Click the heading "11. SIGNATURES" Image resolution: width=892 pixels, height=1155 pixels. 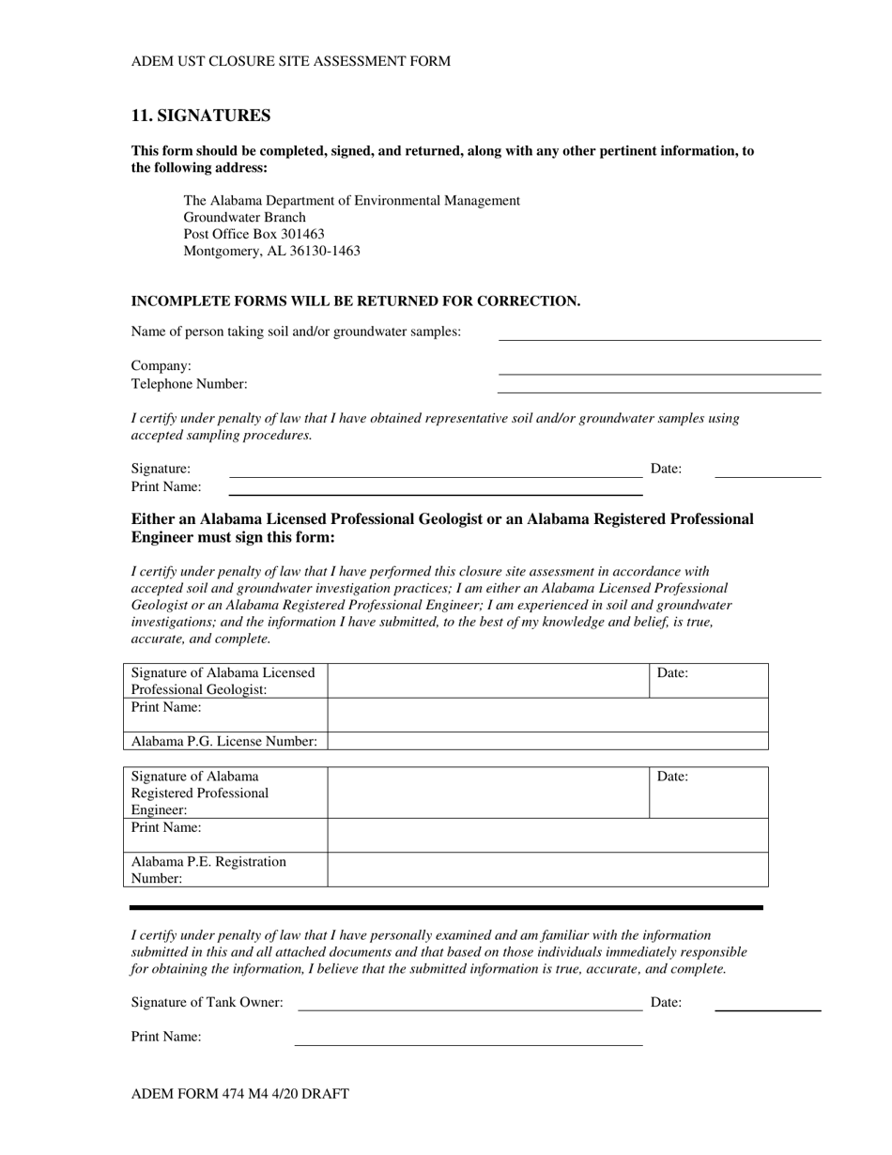pyautogui.click(x=201, y=115)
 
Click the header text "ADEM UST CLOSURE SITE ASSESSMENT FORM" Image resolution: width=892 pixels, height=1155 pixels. pyautogui.click(x=291, y=61)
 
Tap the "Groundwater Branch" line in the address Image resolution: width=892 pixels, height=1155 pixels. pyautogui.click(x=245, y=217)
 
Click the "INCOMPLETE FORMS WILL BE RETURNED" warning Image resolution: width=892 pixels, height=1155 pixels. pyautogui.click(x=356, y=301)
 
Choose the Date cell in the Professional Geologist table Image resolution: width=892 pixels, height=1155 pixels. pyautogui.click(x=709, y=681)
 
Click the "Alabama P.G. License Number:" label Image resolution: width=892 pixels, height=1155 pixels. pyautogui.click(x=224, y=741)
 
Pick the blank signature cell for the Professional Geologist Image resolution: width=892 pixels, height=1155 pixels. pyautogui.click(x=488, y=681)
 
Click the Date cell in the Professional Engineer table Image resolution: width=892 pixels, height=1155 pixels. pyautogui.click(x=709, y=793)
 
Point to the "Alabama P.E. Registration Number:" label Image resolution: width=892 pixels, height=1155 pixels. pyautogui.click(x=209, y=870)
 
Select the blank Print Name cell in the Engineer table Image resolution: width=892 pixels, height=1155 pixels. pyautogui.click(x=547, y=835)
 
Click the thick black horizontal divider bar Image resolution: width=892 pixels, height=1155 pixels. pyautogui.click(x=446, y=908)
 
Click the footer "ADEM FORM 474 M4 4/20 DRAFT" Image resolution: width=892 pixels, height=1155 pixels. pyautogui.click(x=240, y=1094)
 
